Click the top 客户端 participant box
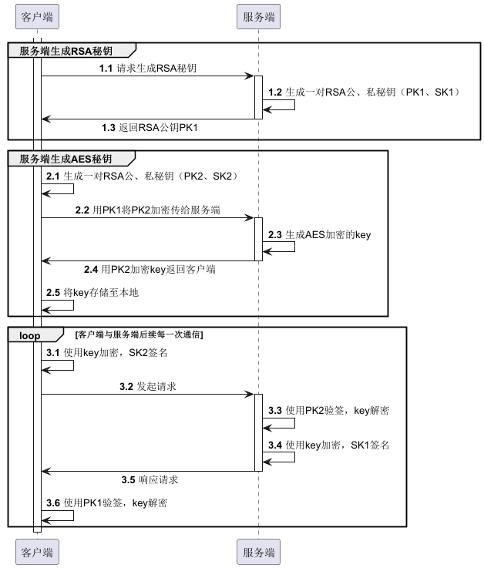[37, 15]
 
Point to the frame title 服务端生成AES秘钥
[66, 159]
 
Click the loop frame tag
[32, 334]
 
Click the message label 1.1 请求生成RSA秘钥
[147, 69]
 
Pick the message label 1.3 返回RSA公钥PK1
[150, 126]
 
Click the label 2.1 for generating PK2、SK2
[141, 176]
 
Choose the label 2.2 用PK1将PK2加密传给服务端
[148, 210]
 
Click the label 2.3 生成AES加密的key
[319, 234]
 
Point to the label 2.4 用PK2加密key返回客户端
[150, 269]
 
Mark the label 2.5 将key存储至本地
[92, 292]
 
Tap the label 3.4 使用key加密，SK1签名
[328, 445]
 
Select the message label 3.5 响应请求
[150, 479]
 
